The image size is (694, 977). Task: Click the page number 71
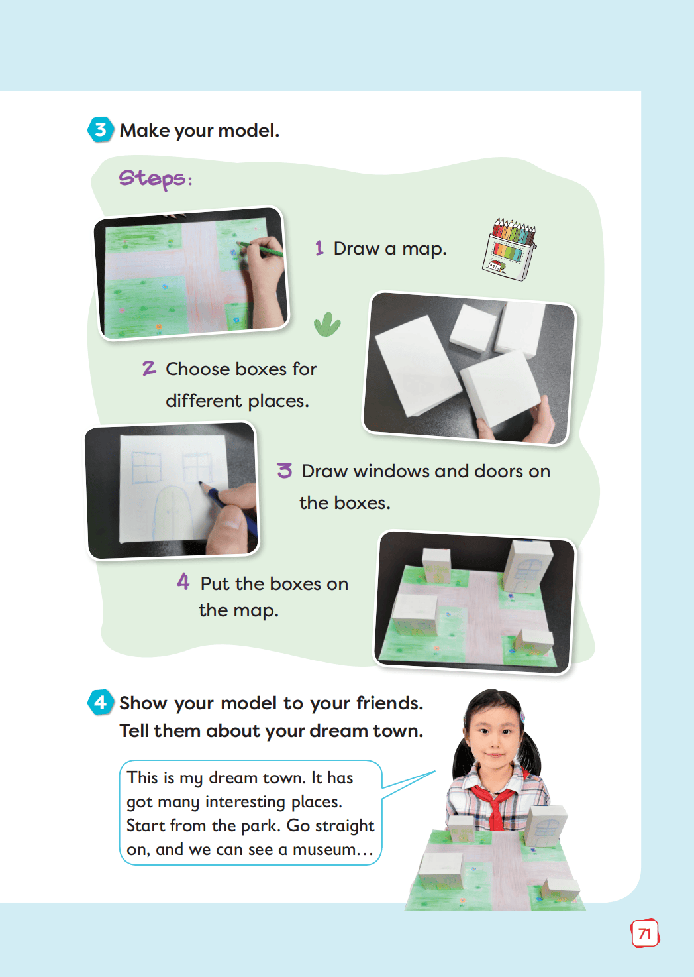(645, 934)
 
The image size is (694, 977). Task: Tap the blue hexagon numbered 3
(101, 129)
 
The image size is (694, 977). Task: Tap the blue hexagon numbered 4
(101, 702)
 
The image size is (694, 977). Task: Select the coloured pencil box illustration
(509, 249)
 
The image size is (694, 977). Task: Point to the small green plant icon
(327, 325)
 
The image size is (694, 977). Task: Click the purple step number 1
(319, 248)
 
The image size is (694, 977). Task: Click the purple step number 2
(149, 368)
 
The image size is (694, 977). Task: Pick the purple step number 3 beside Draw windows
(285, 471)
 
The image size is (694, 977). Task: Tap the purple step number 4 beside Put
(183, 581)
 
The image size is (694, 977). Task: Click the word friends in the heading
(389, 703)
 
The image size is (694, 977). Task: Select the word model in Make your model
(248, 131)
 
